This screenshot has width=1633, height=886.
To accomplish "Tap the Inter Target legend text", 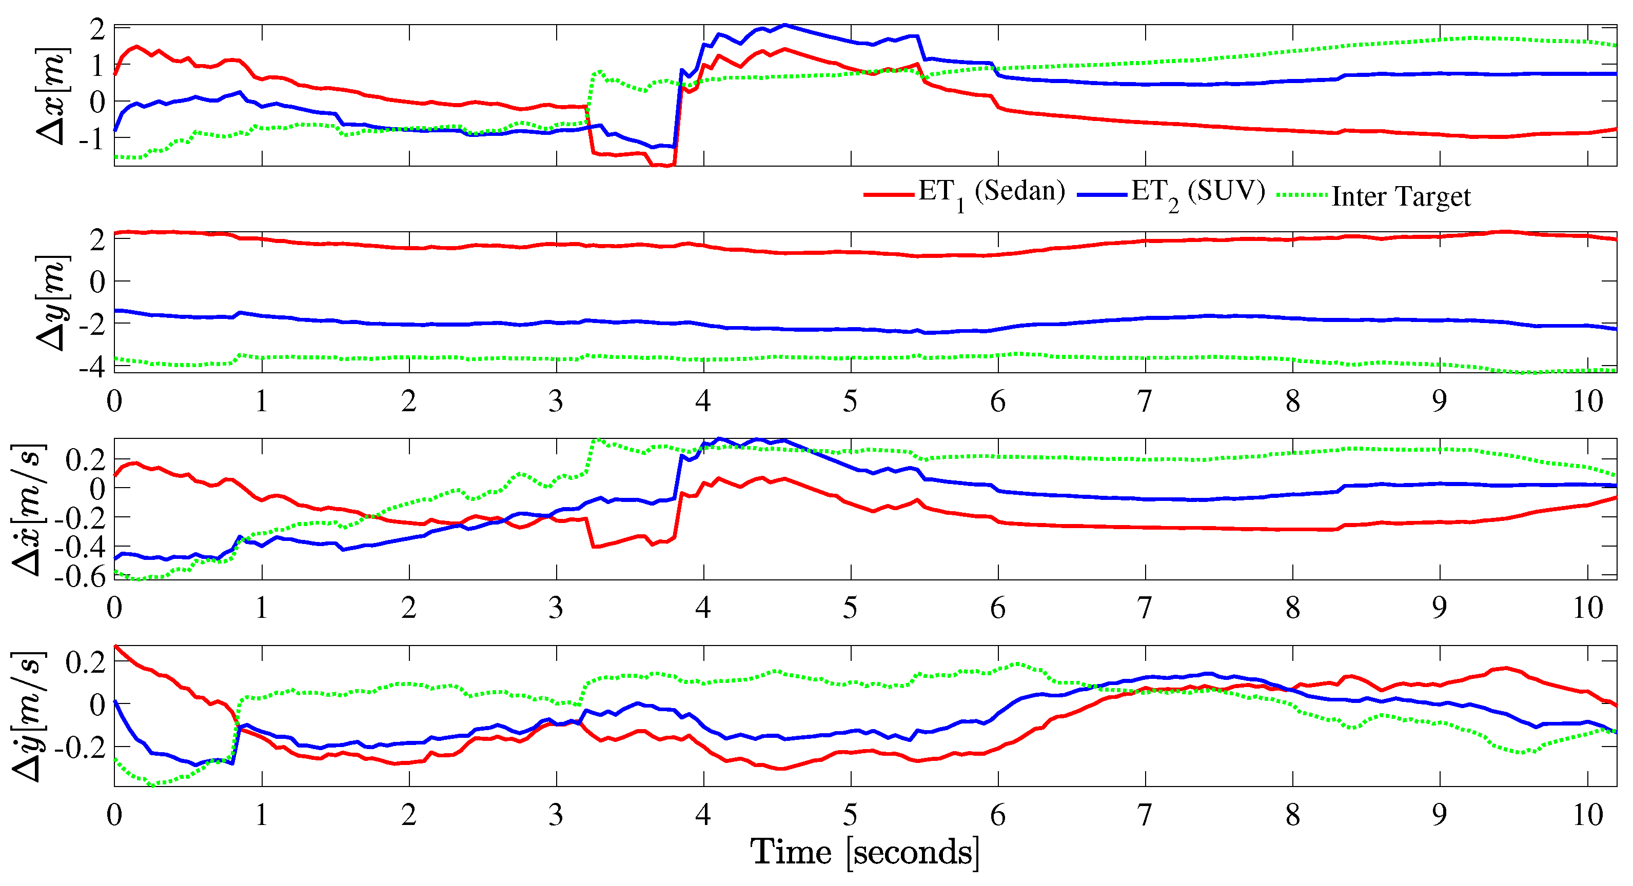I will pyautogui.click(x=1401, y=196).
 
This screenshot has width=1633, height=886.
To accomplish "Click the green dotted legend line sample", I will pyautogui.click(x=1302, y=194).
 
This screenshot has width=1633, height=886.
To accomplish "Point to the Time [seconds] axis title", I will pyautogui.click(x=864, y=852).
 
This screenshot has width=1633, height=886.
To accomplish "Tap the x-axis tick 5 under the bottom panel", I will pyautogui.click(x=850, y=815).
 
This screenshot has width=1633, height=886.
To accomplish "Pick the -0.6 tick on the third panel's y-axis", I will pyautogui.click(x=79, y=577).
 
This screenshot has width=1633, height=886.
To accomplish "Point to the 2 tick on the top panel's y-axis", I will pyautogui.click(x=97, y=29).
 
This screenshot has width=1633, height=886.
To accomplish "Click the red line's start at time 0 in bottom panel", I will pyautogui.click(x=115, y=646).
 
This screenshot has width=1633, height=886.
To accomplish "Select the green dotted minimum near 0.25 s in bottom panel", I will pyautogui.click(x=152, y=785).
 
